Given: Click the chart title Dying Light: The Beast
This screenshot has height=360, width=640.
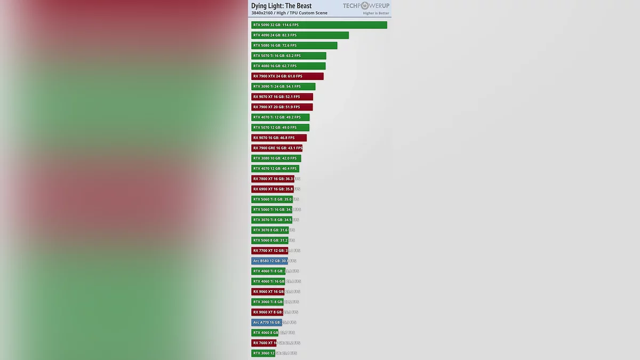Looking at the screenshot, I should (282, 6).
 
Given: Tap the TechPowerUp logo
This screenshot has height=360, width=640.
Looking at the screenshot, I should (366, 6).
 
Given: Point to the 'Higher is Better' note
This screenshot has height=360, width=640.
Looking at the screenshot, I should (376, 13).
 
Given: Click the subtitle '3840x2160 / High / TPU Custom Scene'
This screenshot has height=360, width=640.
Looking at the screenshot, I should (290, 13).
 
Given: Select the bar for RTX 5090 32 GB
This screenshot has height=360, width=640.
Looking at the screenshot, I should (319, 25).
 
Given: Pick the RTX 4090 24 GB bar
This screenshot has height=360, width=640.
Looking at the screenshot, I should (300, 35).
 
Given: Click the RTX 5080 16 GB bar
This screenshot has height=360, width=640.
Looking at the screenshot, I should (294, 45).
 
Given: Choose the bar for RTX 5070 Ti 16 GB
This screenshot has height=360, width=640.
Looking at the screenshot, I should (289, 55).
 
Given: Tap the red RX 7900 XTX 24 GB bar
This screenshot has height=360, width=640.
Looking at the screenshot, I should (287, 76).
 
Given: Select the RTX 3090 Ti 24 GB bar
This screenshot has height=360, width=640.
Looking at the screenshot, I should (283, 86).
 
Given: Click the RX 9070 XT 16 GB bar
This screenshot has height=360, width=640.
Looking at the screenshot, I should (282, 97).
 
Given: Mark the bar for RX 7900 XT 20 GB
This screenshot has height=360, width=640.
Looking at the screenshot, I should (282, 107).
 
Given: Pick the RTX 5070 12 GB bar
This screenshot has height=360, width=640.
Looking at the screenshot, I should (280, 127).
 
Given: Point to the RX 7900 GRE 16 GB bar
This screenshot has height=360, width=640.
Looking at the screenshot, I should (277, 148).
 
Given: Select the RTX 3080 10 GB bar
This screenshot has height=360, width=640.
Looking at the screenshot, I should (276, 158).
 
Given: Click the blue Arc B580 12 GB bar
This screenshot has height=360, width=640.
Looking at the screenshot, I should (269, 261).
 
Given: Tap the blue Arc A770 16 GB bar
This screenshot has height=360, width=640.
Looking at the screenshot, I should (267, 322).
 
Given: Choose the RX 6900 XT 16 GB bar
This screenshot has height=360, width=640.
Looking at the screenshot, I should (273, 189).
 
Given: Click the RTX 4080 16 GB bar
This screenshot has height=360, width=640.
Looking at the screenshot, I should (288, 66).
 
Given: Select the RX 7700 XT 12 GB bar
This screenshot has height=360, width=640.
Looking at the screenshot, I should (269, 251).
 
